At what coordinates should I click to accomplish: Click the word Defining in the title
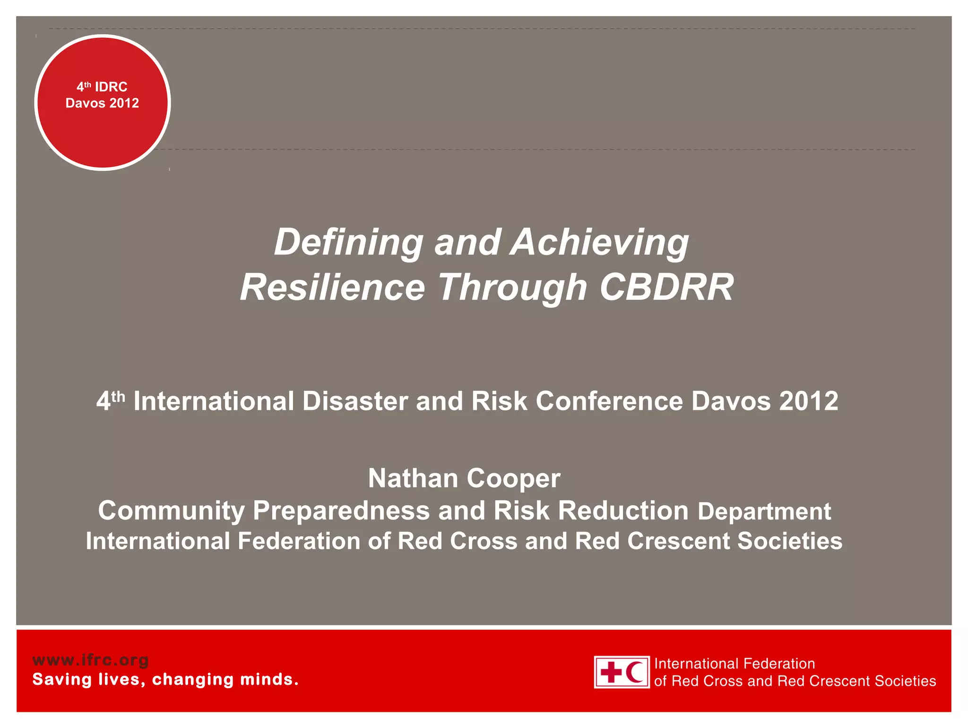(x=349, y=242)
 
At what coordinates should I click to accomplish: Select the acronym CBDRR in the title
(x=666, y=287)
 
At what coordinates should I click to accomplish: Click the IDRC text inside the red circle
(x=111, y=87)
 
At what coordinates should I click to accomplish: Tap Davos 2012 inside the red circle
(x=102, y=103)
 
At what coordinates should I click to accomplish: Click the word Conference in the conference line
(x=609, y=401)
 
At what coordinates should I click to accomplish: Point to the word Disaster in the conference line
(x=354, y=401)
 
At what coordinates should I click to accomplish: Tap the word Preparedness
(x=341, y=511)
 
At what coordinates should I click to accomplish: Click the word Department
(x=764, y=511)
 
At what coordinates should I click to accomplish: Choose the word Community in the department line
(x=171, y=511)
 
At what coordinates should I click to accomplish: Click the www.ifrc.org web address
(x=90, y=660)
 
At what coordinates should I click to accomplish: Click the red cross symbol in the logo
(x=612, y=672)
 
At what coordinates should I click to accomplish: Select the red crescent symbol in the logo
(x=635, y=672)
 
